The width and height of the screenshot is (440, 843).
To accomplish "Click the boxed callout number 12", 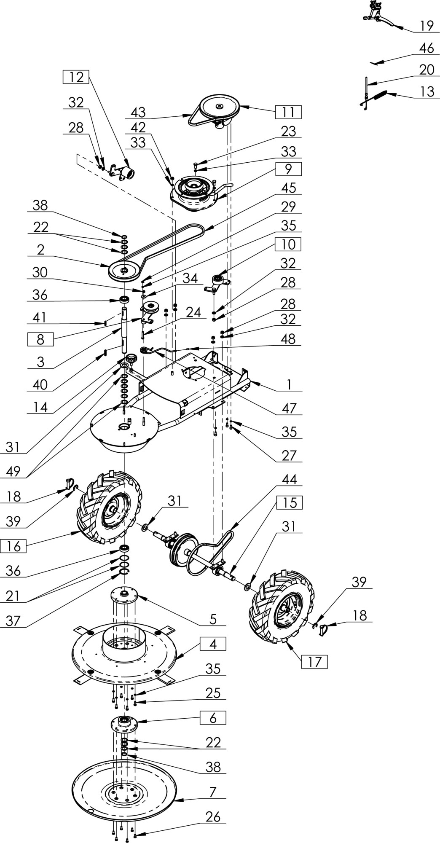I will (76, 77).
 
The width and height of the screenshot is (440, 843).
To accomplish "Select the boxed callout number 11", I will (289, 112).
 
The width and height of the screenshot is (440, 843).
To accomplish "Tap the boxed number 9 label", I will (288, 169).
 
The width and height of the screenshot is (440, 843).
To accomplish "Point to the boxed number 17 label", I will (314, 662).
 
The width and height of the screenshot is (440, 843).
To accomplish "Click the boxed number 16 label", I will (13, 547).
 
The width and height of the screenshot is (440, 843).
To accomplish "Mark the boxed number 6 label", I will (213, 717).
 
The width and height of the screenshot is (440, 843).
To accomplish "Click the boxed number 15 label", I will (290, 503).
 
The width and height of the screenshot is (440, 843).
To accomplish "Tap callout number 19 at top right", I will (427, 26).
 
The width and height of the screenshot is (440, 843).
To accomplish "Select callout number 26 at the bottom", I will (213, 817).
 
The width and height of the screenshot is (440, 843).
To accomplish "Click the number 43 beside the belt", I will (138, 112).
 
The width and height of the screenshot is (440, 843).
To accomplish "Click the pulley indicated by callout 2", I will (124, 270).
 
